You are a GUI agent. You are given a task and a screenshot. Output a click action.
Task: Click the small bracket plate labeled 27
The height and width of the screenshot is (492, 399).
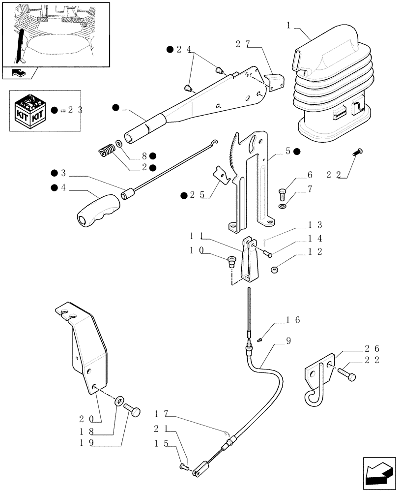(x=274, y=80)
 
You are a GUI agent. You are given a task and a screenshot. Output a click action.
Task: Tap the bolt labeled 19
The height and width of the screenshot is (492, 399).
(x=134, y=409)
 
